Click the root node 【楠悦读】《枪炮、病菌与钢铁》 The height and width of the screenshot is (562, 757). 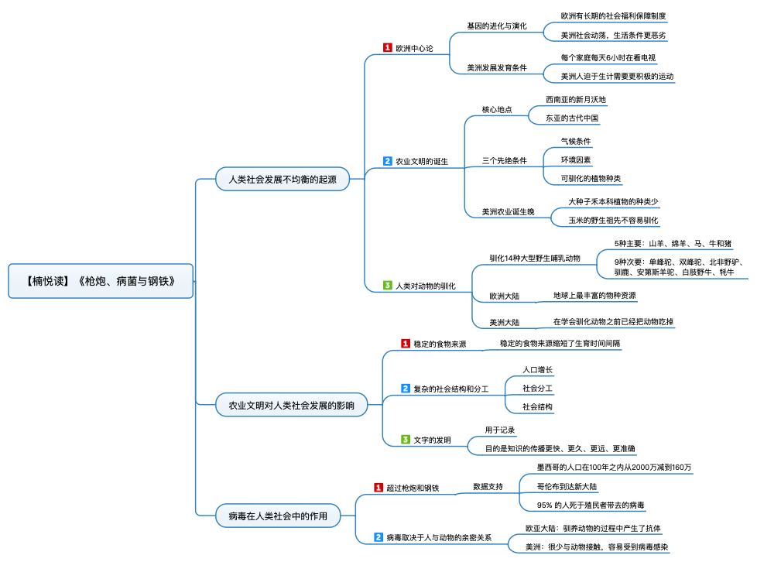[x=101, y=281]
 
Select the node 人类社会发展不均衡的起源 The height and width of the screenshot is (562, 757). [x=283, y=179]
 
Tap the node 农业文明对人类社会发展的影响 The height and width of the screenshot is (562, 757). [x=291, y=405]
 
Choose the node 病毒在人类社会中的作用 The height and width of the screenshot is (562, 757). [x=278, y=516]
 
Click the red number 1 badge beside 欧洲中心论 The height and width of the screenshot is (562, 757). [x=387, y=47]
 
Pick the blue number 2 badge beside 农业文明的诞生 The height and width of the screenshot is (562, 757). [x=387, y=161]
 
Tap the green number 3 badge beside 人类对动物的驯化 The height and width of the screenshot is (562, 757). [x=387, y=286]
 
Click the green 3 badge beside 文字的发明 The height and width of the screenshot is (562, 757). [x=406, y=440]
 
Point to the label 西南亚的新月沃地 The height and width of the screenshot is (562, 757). [x=575, y=99]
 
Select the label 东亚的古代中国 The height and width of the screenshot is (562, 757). [x=572, y=118]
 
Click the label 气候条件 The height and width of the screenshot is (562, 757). [x=575, y=141]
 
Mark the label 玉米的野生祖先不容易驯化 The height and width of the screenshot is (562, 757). [x=613, y=220]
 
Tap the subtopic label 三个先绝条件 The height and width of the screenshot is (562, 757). [x=504, y=160]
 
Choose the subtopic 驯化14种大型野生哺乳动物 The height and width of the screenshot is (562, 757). [x=535, y=259]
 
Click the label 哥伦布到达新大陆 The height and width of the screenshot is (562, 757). [x=567, y=486]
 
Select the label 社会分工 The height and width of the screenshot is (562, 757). [x=537, y=388]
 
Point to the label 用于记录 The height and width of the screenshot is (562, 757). [x=500, y=430]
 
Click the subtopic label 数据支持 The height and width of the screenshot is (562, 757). [x=488, y=486]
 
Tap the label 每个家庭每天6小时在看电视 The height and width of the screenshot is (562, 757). [x=608, y=57]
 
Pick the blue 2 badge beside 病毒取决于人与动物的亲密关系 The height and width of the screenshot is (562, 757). [x=378, y=537]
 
